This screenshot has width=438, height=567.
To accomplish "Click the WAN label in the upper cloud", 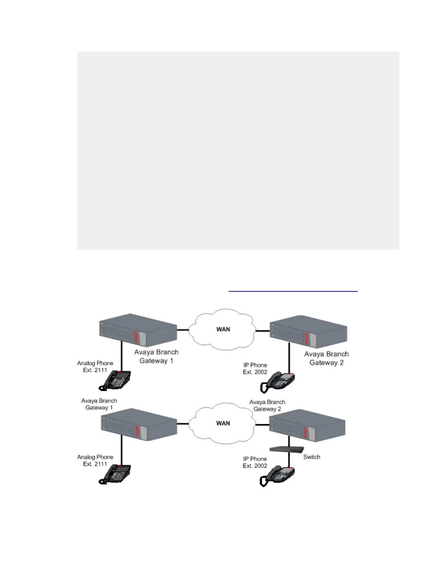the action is pos(223,329).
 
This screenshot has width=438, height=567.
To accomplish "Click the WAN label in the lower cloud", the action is pos(223,423).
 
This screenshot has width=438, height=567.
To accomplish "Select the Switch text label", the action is pos(311,457).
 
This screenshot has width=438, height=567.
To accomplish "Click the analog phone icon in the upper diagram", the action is pos(116,380).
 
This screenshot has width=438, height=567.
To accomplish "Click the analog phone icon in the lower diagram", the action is pos(116,474).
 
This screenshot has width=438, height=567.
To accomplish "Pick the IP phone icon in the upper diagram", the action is pos(278,382).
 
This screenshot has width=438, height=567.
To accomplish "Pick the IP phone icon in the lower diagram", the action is pos(278,476).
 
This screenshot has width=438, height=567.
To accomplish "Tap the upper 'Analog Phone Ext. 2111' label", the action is pos(95,367).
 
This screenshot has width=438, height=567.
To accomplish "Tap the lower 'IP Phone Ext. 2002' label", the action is pos(255,462).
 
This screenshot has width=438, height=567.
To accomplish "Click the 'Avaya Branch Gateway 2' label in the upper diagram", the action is pos(326,358).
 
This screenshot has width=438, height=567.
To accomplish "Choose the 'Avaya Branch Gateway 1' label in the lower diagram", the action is pos(99,404).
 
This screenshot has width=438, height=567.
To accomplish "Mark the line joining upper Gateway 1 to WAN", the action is pos(183,329).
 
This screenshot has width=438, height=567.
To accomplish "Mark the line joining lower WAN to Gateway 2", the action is pos(262,425).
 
